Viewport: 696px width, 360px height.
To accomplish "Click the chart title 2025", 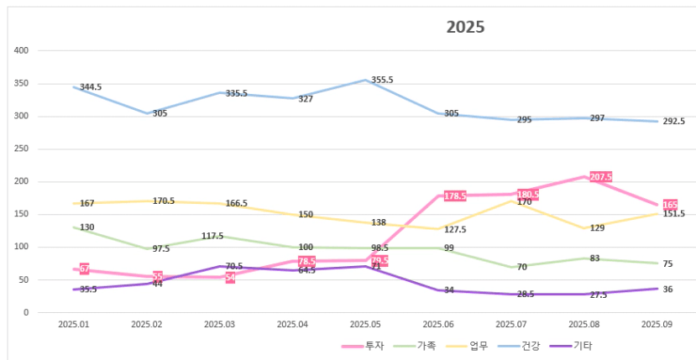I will (x=465, y=27).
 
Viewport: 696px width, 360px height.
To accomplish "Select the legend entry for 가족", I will (x=426, y=345).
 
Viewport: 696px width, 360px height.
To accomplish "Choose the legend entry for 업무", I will (x=479, y=345).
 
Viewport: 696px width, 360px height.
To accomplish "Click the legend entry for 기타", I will (x=583, y=345).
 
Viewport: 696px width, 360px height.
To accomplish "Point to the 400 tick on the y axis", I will (x=22, y=50).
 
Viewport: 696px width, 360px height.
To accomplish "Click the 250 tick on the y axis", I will (x=22, y=149).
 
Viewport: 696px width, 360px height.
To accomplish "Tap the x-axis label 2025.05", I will (x=364, y=324).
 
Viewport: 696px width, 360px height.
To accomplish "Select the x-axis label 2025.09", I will (x=657, y=324).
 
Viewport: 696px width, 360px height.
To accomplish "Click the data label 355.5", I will (x=382, y=80).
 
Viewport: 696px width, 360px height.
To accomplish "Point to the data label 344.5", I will (x=91, y=87).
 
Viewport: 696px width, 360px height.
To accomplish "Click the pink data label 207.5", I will (x=600, y=177).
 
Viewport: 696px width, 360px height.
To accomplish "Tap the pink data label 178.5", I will (x=454, y=196).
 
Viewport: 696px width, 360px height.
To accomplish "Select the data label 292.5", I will (x=673, y=122).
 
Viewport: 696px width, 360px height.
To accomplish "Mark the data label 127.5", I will (x=454, y=230).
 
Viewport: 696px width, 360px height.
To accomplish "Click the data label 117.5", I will (x=217, y=237).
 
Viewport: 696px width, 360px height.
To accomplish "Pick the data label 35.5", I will (x=88, y=290).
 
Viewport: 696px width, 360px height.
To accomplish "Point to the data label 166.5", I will (x=236, y=204).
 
